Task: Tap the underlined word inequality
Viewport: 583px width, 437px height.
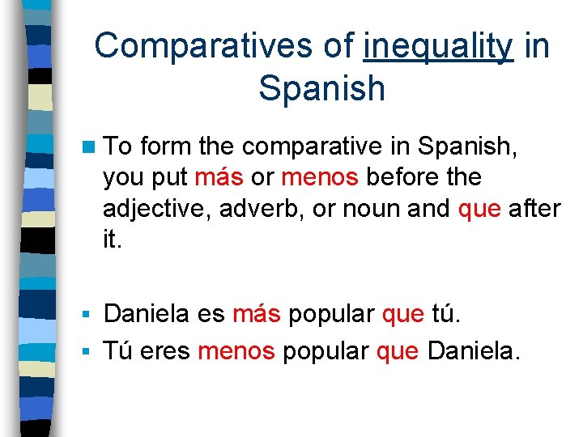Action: pos(438,46)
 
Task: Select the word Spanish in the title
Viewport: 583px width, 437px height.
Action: pos(322,88)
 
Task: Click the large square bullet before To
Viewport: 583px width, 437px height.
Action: pos(90,146)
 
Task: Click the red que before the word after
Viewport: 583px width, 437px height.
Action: pos(480,208)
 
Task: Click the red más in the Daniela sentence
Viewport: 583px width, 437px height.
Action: pos(257,313)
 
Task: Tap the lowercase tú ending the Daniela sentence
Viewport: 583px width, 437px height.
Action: pos(445,313)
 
